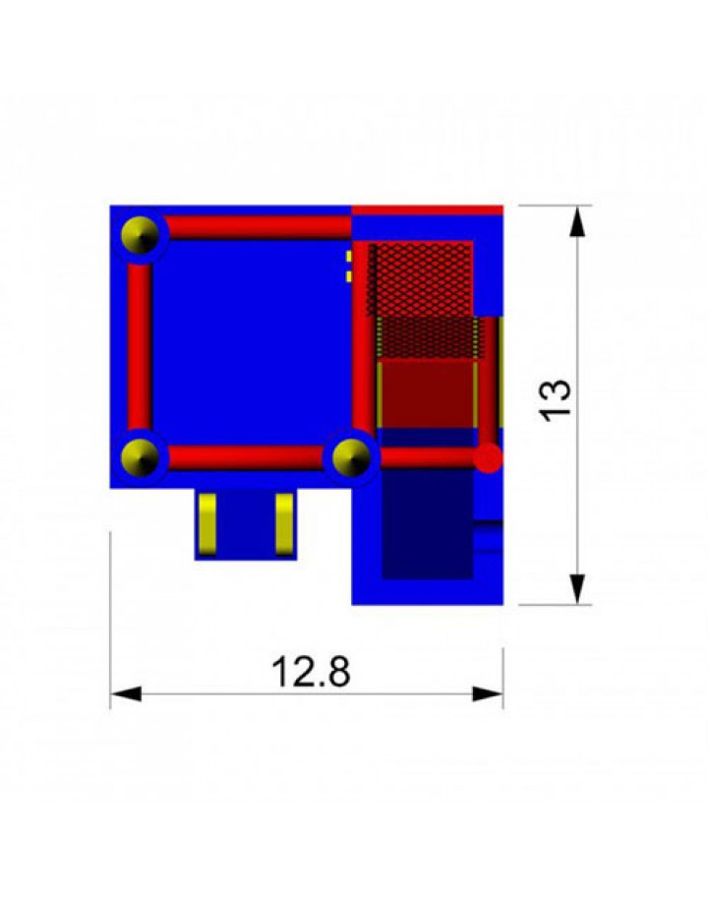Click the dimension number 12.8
pos(311,672)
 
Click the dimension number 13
pos(556,400)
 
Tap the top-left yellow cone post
pos(140,235)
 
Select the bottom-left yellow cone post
pos(140,457)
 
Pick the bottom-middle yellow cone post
pos(351,457)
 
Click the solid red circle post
pos(488,457)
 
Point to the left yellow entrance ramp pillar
pos(206,523)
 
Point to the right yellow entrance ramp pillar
pos(284,523)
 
